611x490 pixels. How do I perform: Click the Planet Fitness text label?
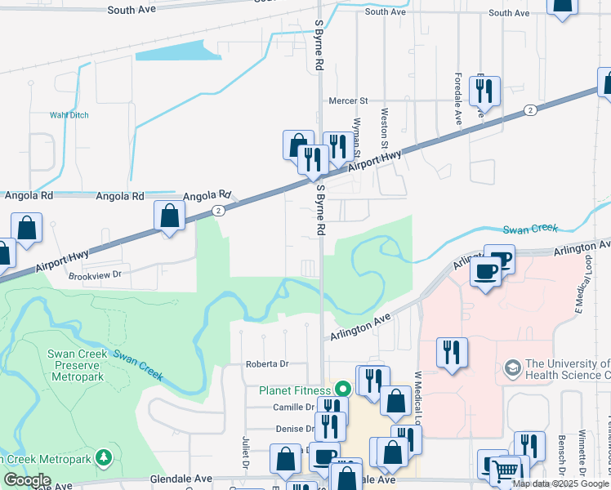tap(295, 390)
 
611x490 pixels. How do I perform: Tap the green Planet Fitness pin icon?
tap(343, 390)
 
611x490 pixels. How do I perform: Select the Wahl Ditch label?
tap(68, 115)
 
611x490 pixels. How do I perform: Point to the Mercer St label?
tap(348, 100)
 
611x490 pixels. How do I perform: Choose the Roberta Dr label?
tap(268, 364)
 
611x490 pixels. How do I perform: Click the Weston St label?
tap(384, 122)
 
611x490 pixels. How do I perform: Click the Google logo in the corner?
tap(27, 480)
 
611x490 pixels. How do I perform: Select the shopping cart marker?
tap(506, 470)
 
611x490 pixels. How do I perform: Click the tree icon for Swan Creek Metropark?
tap(103, 457)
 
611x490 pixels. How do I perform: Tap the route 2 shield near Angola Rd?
tap(218, 210)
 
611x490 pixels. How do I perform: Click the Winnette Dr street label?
tap(582, 453)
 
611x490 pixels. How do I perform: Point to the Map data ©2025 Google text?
tap(560, 483)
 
